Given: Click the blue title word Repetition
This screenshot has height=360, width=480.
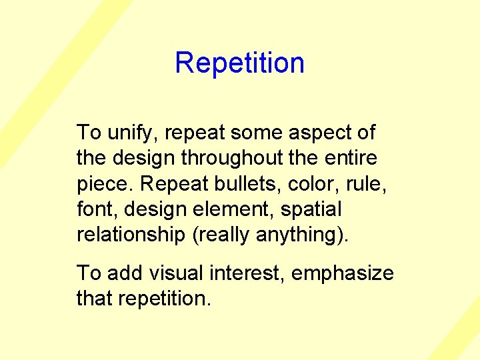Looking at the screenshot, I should tap(239, 63).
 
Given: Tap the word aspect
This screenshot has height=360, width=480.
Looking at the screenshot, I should tap(317, 133).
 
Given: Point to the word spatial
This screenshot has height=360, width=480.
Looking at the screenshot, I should tap(311, 210).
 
